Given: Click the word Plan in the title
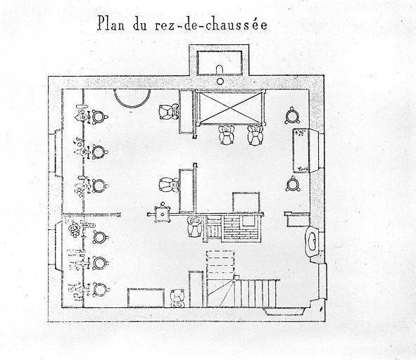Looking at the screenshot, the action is pos(111,23).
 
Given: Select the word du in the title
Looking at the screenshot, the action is pos(139,24).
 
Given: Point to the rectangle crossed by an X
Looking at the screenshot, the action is pos(230,107).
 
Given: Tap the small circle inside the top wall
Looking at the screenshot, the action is pos(220,82).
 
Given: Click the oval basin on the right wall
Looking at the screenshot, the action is pos(312,241).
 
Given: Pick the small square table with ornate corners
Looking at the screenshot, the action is pos(162,212).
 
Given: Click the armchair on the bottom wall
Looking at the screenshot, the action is pos(177,299).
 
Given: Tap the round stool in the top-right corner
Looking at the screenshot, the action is pos(292,115).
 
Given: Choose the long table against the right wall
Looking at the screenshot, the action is pos(301,150).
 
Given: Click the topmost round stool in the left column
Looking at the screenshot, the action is pos(99,117).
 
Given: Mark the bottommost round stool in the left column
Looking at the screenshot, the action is pos(101,290).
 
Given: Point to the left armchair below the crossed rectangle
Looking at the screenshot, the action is pos(227,134).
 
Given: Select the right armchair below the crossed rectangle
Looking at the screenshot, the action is pos(255,135).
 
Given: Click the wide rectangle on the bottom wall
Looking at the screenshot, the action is pos(146,298).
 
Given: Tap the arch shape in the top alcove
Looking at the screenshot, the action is pos(220,70).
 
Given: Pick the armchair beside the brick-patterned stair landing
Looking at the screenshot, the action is pos(194,226).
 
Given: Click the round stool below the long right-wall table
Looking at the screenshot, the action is pos(293,184).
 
